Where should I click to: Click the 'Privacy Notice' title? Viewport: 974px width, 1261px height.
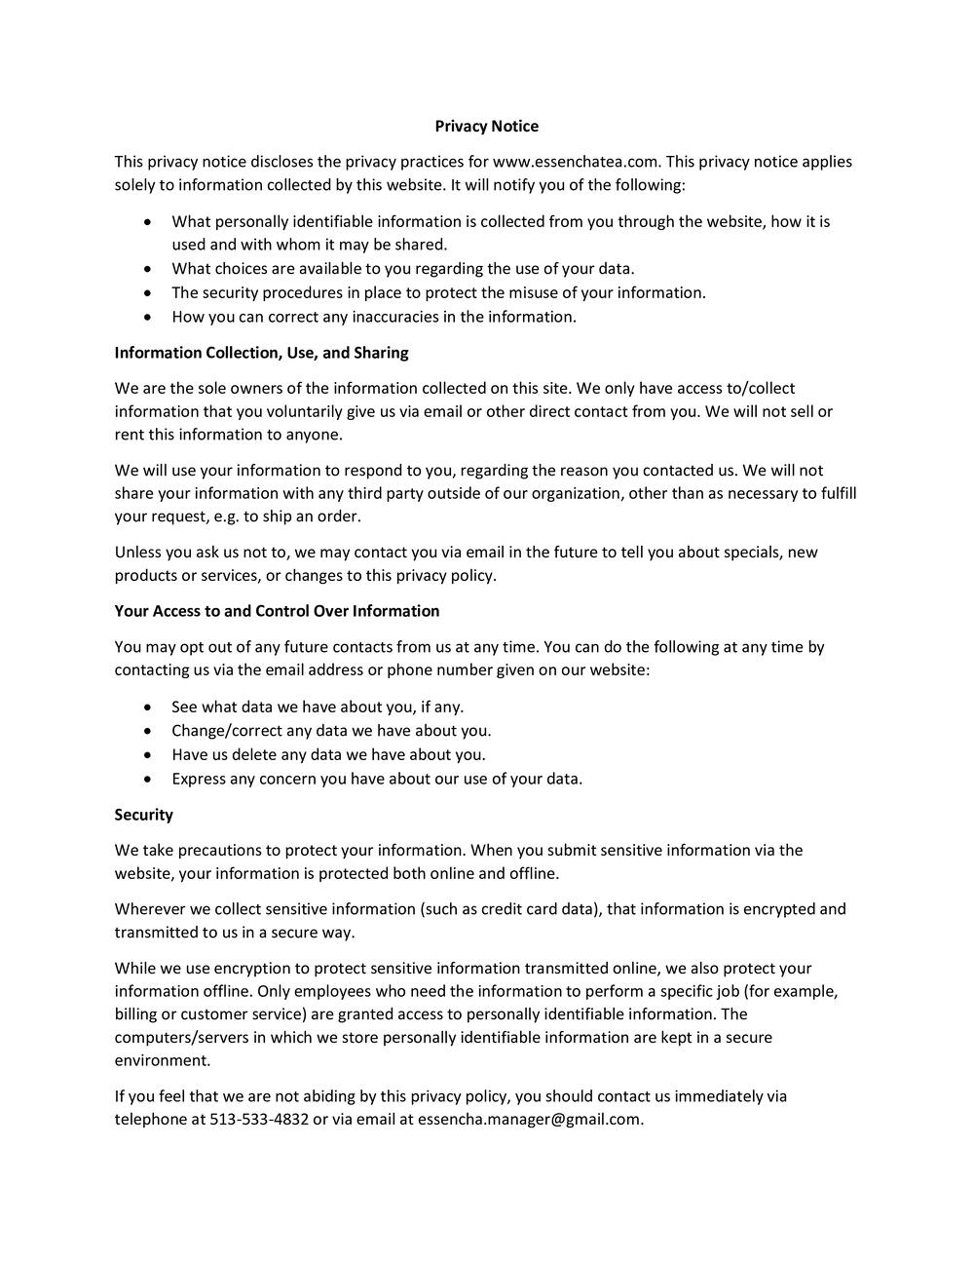pyautogui.click(x=486, y=126)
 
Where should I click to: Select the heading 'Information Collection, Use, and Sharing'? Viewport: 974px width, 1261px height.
pyautogui.click(x=261, y=352)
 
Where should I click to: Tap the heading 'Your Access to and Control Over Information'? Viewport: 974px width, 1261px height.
pyautogui.click(x=277, y=611)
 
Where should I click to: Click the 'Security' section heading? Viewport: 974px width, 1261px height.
pyautogui.click(x=143, y=815)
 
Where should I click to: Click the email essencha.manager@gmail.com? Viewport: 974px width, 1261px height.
pyautogui.click(x=530, y=1119)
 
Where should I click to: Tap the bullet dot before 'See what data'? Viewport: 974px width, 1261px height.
pyautogui.click(x=147, y=707)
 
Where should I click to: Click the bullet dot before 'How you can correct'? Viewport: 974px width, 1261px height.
pyautogui.click(x=147, y=317)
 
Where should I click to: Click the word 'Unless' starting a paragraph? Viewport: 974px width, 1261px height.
pyautogui.click(x=138, y=553)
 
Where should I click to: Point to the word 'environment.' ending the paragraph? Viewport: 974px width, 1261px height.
pyautogui.click(x=163, y=1060)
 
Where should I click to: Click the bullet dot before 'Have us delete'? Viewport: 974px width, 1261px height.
pyautogui.click(x=147, y=754)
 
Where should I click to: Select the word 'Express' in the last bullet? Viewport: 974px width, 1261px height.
pyautogui.click(x=199, y=779)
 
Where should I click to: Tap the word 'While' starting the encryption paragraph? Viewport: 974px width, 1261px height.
pyautogui.click(x=136, y=969)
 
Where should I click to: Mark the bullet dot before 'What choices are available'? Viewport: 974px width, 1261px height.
pyautogui.click(x=147, y=269)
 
